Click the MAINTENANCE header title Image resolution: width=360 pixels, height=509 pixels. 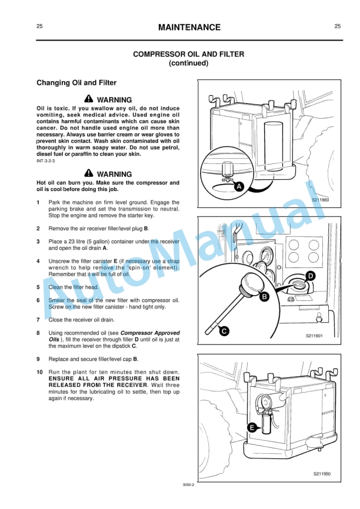click(189, 28)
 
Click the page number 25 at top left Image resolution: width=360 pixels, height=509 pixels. click(39, 26)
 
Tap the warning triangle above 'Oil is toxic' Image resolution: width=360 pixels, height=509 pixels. click(88, 99)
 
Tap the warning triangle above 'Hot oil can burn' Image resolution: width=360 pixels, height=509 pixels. click(88, 173)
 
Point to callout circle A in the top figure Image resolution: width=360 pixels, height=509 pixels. click(239, 186)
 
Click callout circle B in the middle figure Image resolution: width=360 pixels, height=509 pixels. click(265, 297)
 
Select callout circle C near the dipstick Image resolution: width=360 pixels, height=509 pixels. click(224, 331)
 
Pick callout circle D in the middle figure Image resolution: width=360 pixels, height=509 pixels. click(311, 276)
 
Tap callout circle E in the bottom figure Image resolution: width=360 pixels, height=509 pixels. click(252, 428)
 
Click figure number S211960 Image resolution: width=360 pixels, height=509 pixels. click(320, 200)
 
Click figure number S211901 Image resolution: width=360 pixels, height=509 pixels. click(314, 336)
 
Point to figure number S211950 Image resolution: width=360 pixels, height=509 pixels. click(322, 474)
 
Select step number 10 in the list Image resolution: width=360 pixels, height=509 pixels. click(39, 372)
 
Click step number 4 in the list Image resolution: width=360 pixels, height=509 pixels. click(38, 260)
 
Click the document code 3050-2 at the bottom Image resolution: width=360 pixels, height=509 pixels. click(188, 484)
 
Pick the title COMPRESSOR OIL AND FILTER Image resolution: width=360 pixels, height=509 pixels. click(188, 54)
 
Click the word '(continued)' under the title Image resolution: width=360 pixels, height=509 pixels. click(188, 63)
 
